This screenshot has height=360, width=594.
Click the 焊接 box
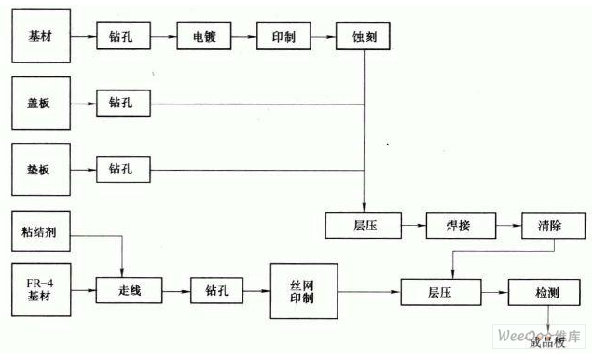tap(458, 225)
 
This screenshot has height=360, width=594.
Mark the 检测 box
tap(547, 292)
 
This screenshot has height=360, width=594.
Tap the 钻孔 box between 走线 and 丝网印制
tap(216, 290)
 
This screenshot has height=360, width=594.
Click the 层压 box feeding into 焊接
tap(363, 225)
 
